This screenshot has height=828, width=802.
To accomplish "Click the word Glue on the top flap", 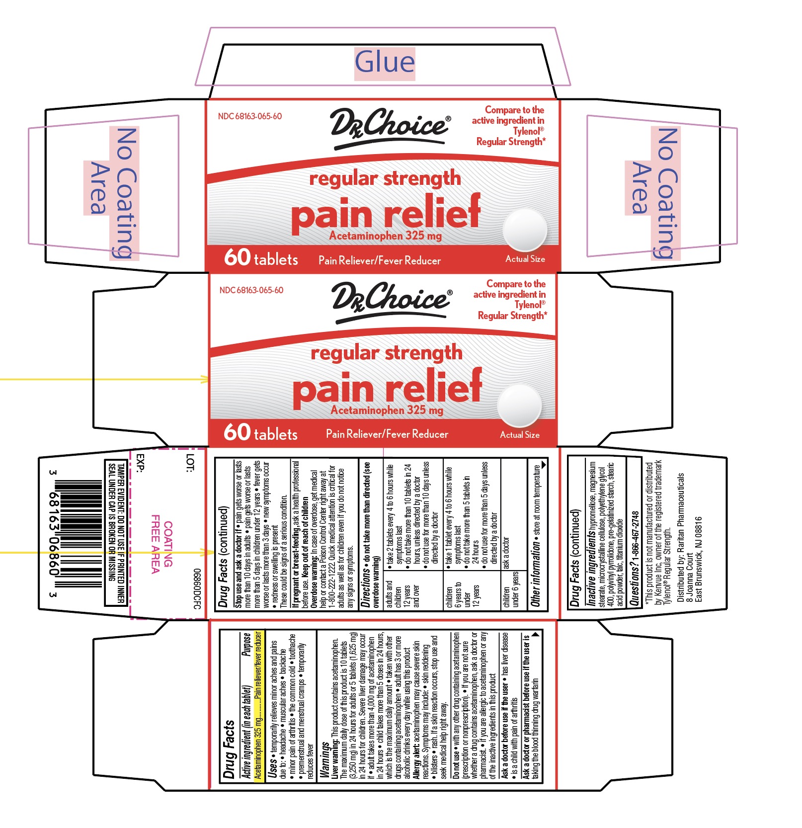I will click(x=385, y=63).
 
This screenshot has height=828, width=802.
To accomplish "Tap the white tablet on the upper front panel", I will click(x=524, y=230).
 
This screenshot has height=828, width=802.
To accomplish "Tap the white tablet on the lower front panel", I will click(x=519, y=406).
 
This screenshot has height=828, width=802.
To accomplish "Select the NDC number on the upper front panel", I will click(x=250, y=116).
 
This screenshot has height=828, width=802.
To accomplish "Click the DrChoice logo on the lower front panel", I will click(x=392, y=301).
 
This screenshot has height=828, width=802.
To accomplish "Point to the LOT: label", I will click(x=190, y=462).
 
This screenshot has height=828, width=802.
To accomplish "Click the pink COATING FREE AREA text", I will click(x=161, y=544).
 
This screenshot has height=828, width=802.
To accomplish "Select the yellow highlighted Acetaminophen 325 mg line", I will click(x=258, y=706).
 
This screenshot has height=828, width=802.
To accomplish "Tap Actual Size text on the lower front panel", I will click(x=520, y=435).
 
